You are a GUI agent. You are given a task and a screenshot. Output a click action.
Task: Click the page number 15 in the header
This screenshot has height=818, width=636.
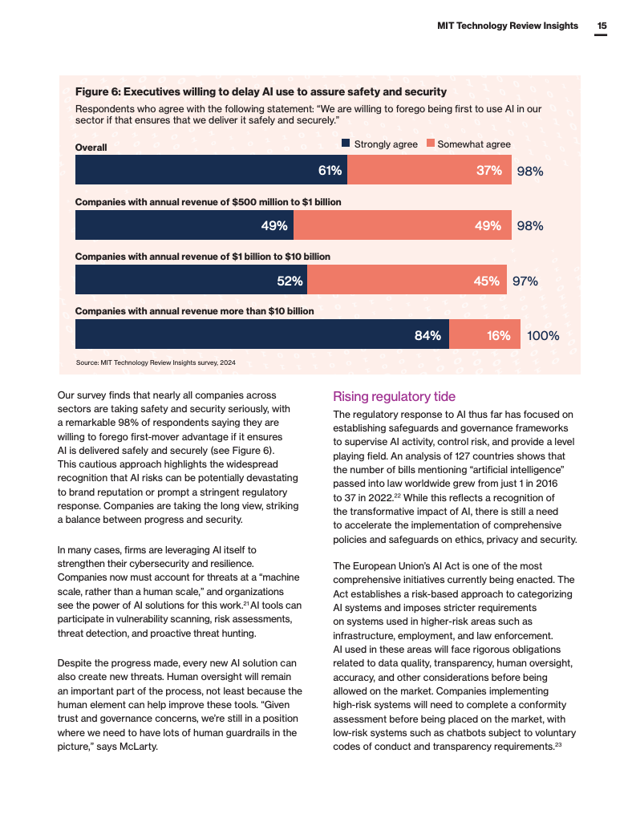[602, 26]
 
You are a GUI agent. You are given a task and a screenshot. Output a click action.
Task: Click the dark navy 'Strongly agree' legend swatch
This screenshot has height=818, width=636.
[346, 144]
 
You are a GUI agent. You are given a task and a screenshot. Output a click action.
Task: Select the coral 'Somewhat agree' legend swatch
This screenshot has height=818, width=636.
[431, 144]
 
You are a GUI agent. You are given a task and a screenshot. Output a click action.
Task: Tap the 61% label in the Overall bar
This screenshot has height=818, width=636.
[330, 170]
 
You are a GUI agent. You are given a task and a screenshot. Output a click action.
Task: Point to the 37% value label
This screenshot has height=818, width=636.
[489, 170]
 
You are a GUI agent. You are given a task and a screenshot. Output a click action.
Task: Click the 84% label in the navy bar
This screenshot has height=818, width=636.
[427, 335]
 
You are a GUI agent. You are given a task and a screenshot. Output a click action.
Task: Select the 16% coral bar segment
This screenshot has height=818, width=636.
[484, 334]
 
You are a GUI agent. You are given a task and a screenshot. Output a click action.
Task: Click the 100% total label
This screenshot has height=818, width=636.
[543, 336]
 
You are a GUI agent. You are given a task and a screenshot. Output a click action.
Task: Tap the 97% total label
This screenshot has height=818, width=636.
[525, 281]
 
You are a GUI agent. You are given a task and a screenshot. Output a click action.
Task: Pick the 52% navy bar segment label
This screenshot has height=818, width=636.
[290, 281]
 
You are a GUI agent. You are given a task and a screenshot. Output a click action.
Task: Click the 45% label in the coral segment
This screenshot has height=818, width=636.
[487, 281]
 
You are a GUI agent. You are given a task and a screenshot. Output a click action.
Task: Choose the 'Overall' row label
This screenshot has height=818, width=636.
[91, 148]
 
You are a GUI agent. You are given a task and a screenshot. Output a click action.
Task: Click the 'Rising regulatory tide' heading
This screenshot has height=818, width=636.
[394, 396]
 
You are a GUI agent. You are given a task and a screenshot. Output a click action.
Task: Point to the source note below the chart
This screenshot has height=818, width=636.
[156, 362]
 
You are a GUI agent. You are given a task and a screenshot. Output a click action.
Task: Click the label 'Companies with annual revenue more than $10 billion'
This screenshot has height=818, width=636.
[194, 311]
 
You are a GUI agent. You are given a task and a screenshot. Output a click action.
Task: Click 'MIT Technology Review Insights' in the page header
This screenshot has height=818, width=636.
[508, 26]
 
